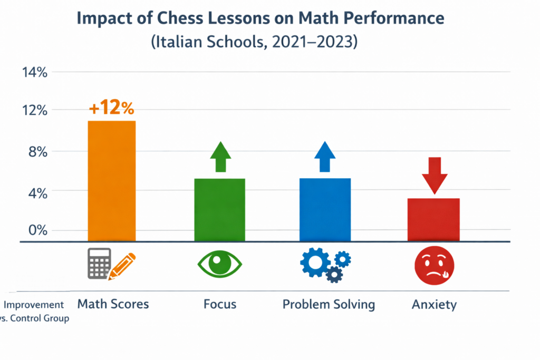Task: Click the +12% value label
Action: [111, 108]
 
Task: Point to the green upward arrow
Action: [220, 157]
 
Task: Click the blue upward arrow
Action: [325, 157]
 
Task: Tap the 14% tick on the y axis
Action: [34, 73]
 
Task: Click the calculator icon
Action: [99, 263]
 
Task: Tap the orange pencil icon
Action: [122, 267]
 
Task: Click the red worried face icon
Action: [433, 263]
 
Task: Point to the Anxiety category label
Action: [434, 305]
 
